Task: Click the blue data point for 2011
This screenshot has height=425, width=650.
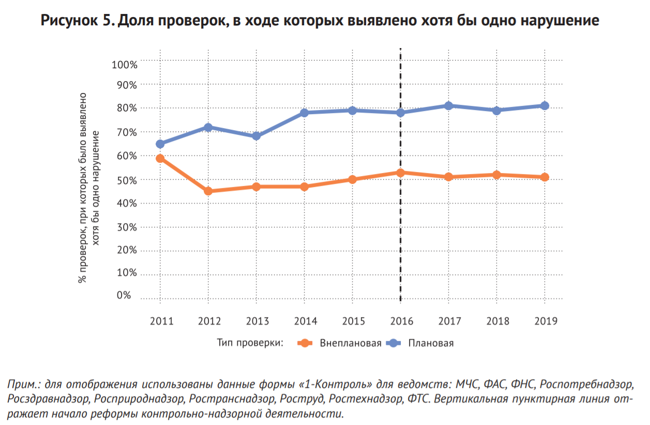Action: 160,144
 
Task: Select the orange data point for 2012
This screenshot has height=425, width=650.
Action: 208,191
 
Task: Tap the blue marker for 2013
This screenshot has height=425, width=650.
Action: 256,136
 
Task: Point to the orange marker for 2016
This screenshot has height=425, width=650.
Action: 401,172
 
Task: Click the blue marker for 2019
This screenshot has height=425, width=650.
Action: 545,106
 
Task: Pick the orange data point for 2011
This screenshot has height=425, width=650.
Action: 160,159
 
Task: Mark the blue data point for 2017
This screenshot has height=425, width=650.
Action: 449,106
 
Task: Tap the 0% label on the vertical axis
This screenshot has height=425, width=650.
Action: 124,295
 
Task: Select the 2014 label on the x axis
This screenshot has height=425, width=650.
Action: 305,321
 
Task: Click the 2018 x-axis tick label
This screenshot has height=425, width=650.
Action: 497,321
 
